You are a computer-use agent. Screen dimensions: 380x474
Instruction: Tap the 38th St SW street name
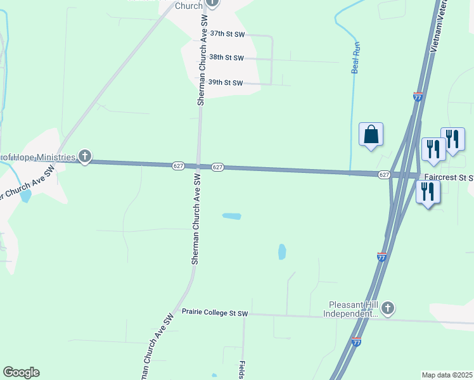pyautogui.click(x=226, y=58)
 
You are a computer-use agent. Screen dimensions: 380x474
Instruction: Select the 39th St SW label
pyautogui.click(x=226, y=83)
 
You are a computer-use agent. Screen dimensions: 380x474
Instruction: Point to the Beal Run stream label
pyautogui.click(x=355, y=57)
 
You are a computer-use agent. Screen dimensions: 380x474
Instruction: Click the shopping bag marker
pyautogui.click(x=371, y=135)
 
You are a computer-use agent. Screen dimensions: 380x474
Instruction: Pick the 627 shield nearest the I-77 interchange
pyautogui.click(x=383, y=174)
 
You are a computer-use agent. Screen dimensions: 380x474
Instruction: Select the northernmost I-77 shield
pyautogui.click(x=417, y=97)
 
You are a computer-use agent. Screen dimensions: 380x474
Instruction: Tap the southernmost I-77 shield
pyautogui.click(x=356, y=341)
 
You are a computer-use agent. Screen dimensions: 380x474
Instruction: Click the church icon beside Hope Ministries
pyautogui.click(x=85, y=156)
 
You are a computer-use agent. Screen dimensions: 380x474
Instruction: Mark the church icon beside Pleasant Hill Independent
pyautogui.click(x=388, y=308)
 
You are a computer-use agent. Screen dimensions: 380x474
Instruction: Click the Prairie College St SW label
pyautogui.click(x=215, y=313)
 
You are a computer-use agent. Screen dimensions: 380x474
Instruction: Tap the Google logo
pyautogui.click(x=21, y=372)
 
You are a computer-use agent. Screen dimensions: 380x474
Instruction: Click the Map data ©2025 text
pyautogui.click(x=447, y=375)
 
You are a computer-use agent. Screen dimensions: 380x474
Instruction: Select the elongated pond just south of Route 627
pyautogui.click(x=231, y=217)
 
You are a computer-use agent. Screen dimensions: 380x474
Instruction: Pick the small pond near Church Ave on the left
pyautogui.click(x=25, y=196)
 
